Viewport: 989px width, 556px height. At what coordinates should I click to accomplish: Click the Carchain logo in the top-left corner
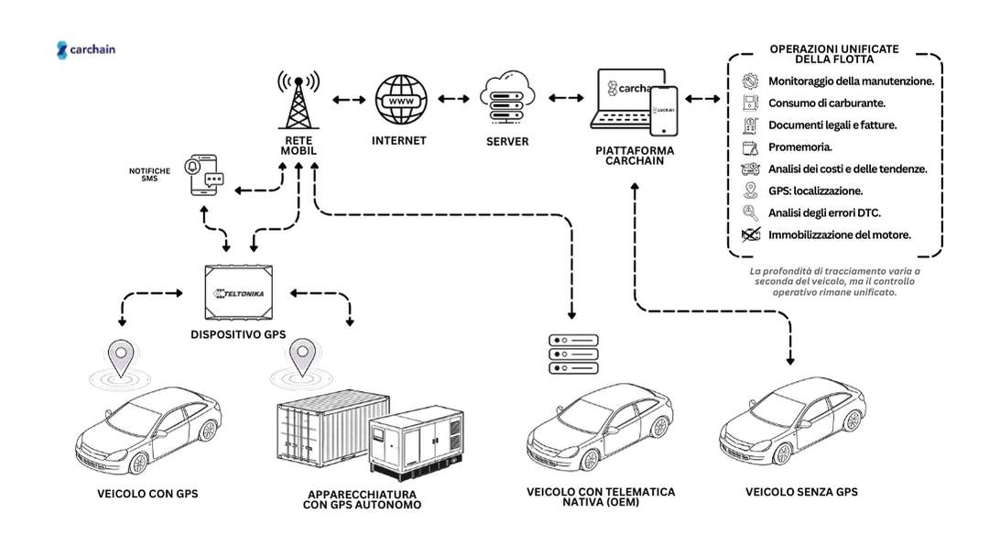pos(86,50)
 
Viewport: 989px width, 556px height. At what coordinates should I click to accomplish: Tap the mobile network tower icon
pos(297,99)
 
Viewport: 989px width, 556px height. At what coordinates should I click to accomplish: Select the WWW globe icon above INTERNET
pos(400,101)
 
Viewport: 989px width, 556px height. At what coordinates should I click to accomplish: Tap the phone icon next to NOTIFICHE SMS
pos(204,173)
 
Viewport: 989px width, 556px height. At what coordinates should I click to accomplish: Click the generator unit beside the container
pos(416,445)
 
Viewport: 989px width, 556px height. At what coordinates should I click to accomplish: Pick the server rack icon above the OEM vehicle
pos(572,354)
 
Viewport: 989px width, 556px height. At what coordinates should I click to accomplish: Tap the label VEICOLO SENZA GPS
pos(802,492)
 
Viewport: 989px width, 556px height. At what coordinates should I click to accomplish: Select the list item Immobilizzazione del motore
pos(839,234)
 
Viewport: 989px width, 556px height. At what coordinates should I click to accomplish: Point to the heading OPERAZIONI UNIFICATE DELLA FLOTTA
pos(833,53)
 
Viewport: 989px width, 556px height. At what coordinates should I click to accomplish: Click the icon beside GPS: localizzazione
pos(750,191)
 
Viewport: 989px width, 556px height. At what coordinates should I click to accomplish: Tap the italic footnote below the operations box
pos(834,282)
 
